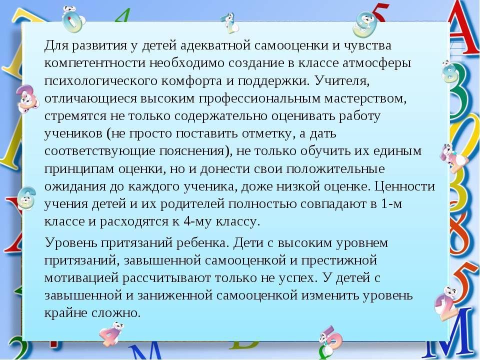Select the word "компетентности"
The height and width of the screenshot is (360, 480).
(x=95, y=63)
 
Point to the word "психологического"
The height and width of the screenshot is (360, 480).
(x=101, y=81)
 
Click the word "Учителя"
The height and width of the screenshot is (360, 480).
(x=342, y=81)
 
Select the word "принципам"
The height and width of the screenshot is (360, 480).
(x=79, y=169)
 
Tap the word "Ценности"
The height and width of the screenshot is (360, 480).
(x=404, y=186)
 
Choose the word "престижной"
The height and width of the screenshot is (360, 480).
(x=339, y=260)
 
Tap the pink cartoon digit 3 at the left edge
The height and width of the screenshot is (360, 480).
(x=27, y=98)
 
